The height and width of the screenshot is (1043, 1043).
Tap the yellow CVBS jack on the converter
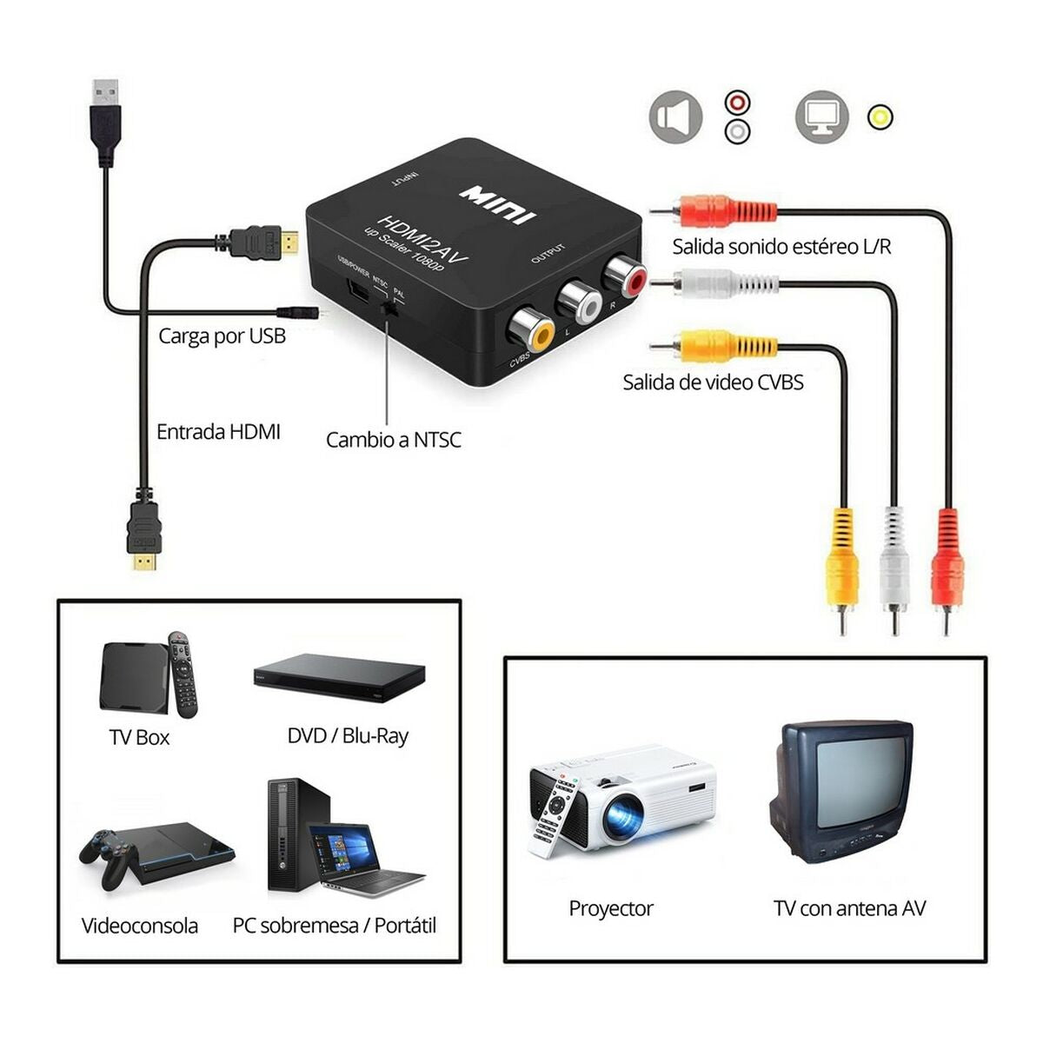(x=532, y=331)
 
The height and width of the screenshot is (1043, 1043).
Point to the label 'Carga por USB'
(x=222, y=335)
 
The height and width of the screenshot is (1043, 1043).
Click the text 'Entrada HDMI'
(x=218, y=431)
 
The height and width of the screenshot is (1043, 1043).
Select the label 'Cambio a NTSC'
(x=393, y=440)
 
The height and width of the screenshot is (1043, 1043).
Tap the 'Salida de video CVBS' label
(x=713, y=382)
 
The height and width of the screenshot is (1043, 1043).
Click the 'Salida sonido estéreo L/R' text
(x=781, y=246)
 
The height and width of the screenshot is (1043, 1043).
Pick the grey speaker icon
(x=675, y=116)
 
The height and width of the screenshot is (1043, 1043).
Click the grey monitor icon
(x=821, y=116)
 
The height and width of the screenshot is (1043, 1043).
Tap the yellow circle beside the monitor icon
(x=880, y=116)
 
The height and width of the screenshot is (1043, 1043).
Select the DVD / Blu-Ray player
(x=339, y=678)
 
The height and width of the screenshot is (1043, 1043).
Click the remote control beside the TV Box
(x=182, y=674)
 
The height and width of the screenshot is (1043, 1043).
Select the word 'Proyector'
(x=611, y=909)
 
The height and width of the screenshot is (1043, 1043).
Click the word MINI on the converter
(x=498, y=203)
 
